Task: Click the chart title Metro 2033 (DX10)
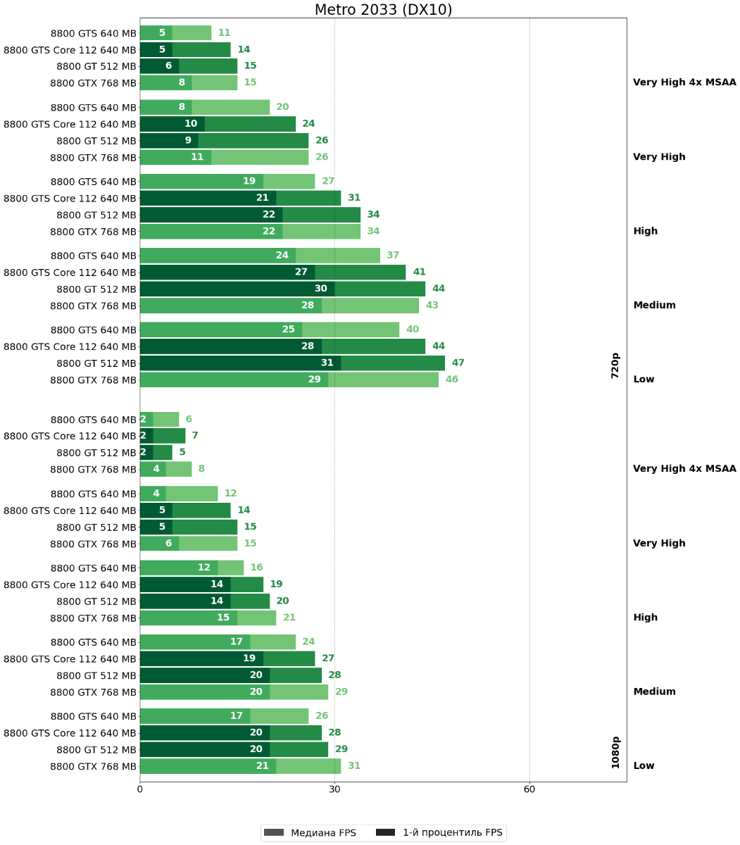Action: (x=383, y=10)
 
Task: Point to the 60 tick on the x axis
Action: (x=529, y=789)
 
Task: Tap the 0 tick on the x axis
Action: (x=140, y=789)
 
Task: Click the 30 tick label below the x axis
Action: (x=334, y=789)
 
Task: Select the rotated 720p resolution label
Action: (x=615, y=365)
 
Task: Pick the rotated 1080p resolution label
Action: (x=615, y=752)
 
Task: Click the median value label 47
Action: (x=458, y=363)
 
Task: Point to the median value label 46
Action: (x=451, y=380)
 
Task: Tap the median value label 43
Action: (x=432, y=306)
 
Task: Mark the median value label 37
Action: (x=393, y=256)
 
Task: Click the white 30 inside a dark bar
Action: (x=321, y=289)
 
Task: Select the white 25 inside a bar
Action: (x=289, y=330)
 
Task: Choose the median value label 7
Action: (x=195, y=436)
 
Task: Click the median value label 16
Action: (x=256, y=568)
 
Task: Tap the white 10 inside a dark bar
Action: (x=191, y=124)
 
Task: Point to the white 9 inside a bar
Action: (x=188, y=141)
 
